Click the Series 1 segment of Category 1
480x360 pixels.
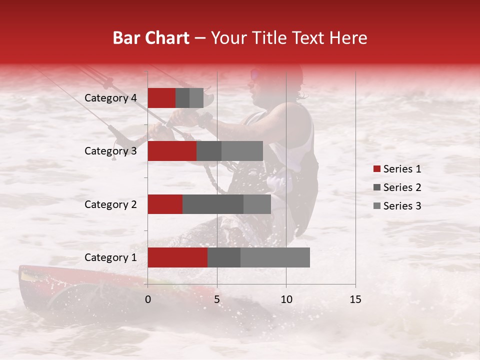177,257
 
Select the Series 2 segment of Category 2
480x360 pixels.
213,204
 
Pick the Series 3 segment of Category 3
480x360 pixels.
242,151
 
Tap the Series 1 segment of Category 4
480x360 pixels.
161,98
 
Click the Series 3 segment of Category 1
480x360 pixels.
275,257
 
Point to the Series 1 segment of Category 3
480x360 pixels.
172,151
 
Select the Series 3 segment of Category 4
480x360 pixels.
196,98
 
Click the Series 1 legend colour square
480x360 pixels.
377,169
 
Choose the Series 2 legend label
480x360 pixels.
402,187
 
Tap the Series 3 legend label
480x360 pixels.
402,206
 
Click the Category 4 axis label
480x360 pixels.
110,98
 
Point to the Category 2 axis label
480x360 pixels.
110,204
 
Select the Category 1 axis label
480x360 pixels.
110,257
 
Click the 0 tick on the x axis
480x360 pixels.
148,299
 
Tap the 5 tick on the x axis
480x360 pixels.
217,299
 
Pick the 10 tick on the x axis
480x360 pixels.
286,299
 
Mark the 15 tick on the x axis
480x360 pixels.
355,299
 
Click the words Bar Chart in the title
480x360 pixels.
151,38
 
